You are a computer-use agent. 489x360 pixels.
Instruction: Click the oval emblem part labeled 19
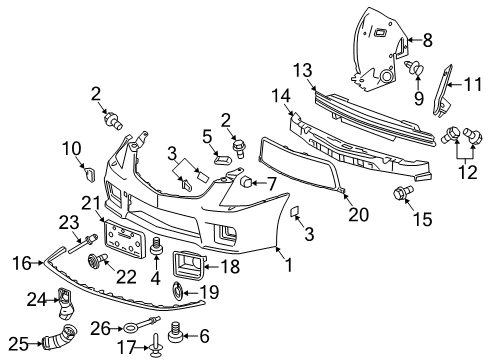[176, 291]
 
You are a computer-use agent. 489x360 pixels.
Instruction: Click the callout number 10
[74, 150]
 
